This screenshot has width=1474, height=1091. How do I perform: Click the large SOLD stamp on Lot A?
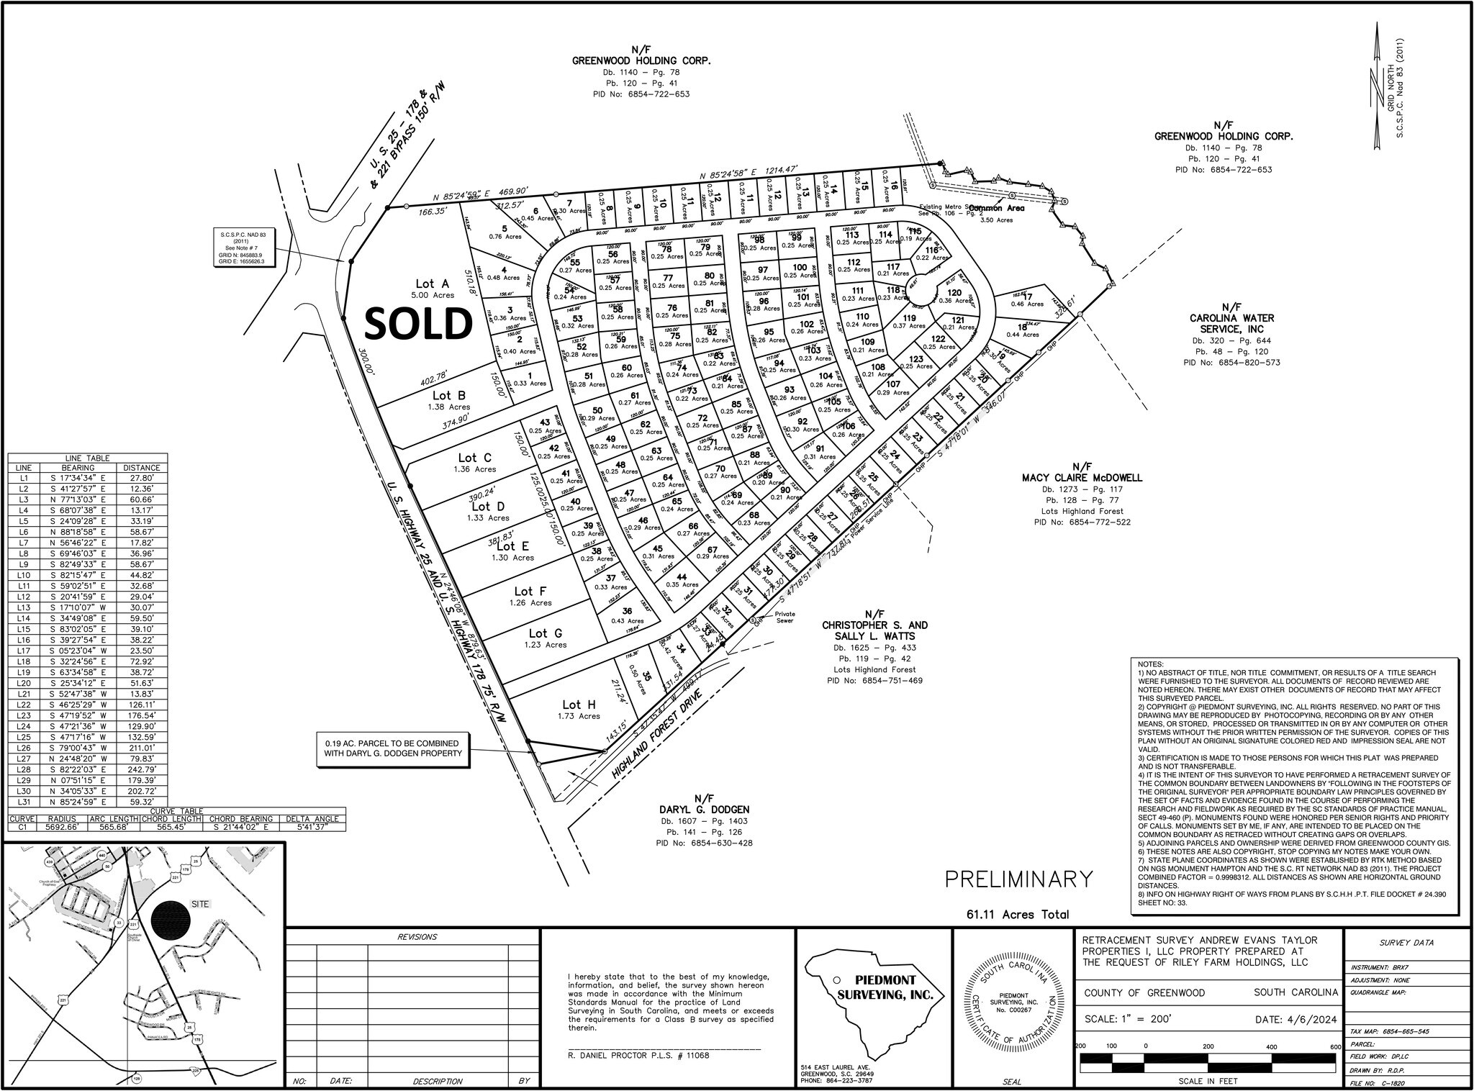418,324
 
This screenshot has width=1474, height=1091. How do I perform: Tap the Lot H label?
579,705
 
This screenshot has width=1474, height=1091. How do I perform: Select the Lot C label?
475,458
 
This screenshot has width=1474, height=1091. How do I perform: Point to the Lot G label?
546,633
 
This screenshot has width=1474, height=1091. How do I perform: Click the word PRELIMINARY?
1018,879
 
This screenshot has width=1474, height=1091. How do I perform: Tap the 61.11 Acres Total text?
1018,915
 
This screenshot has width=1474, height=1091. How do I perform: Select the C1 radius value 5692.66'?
61,828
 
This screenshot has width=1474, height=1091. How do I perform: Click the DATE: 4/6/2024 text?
1288,1020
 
